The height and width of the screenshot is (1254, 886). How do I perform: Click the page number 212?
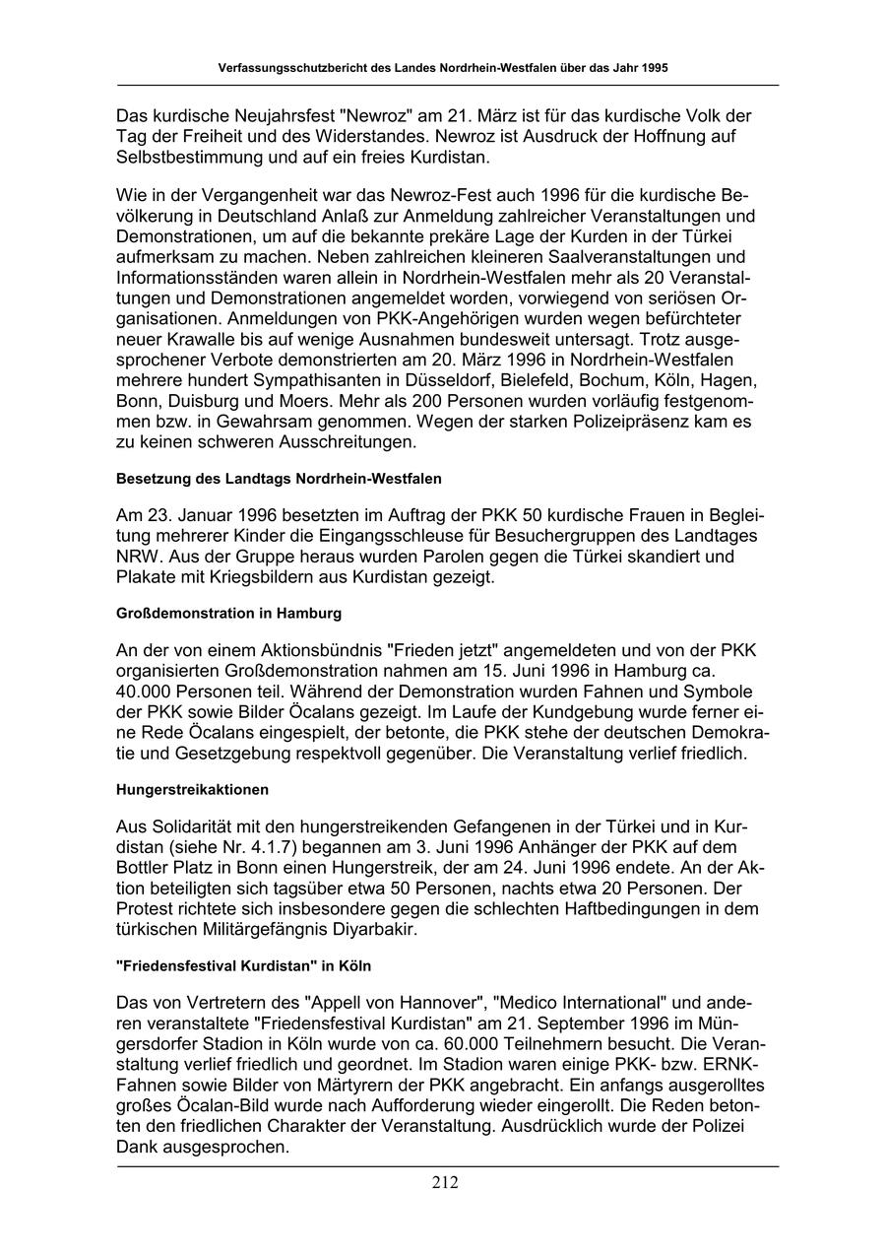(444, 1183)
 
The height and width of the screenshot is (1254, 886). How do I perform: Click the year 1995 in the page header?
(651, 69)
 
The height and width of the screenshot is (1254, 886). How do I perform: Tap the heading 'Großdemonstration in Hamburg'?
(228, 613)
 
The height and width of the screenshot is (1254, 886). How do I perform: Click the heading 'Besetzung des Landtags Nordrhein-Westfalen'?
(279, 479)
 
